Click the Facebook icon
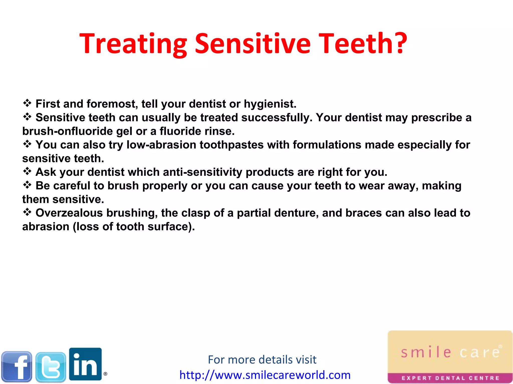17,367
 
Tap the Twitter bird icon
51,367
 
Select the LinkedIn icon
85,364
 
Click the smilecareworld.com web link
265,375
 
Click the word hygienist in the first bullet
270,104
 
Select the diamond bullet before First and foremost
27,103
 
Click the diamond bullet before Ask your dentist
27,171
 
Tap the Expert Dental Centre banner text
450,378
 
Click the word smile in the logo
426,352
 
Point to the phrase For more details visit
262,360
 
